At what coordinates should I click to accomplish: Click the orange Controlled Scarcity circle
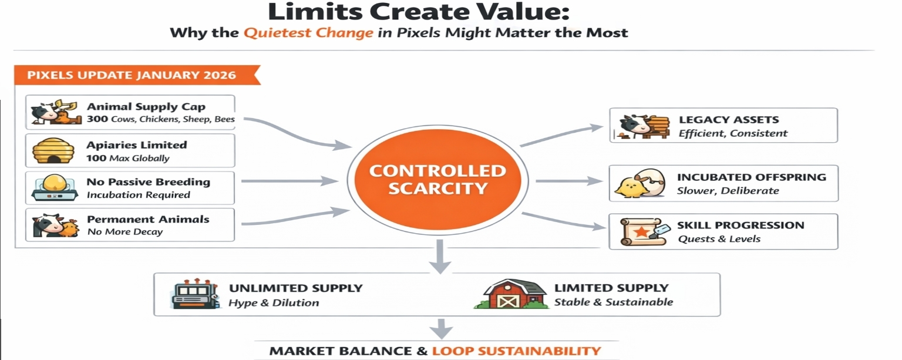(437, 180)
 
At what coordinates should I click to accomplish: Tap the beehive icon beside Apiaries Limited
(52, 151)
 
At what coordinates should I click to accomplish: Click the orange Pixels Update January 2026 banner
(132, 75)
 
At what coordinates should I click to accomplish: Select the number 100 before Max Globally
(96, 158)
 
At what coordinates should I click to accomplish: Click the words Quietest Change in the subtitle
(308, 32)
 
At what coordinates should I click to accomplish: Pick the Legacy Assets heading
(728, 120)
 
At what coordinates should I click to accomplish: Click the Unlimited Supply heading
(295, 288)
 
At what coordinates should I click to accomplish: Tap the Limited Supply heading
(611, 288)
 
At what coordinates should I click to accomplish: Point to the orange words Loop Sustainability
(516, 351)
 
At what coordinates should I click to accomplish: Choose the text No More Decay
(124, 232)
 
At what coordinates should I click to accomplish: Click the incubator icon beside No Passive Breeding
(52, 188)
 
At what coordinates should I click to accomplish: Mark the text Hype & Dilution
(274, 303)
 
